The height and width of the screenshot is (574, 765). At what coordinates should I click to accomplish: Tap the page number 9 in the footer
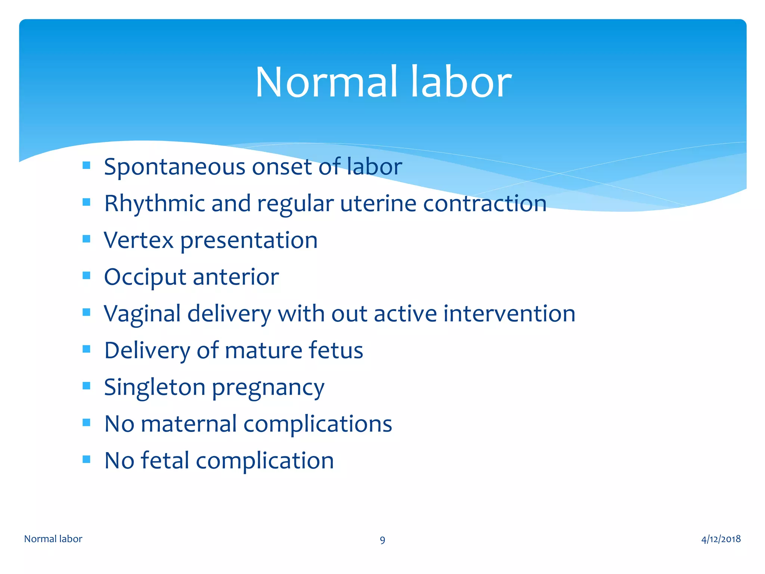point(382,540)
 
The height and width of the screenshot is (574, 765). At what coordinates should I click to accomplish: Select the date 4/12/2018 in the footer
point(721,539)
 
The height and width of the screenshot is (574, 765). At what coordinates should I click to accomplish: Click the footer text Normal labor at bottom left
point(53,539)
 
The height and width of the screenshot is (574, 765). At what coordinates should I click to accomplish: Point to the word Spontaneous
point(174,167)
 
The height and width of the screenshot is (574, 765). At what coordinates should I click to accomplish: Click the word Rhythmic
point(154,204)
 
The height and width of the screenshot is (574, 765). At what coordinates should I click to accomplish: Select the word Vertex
point(139,240)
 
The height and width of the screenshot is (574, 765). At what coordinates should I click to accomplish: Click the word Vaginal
point(142,314)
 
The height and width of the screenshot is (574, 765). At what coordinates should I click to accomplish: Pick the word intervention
point(509,313)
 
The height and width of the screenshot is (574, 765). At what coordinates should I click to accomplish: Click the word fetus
point(335,351)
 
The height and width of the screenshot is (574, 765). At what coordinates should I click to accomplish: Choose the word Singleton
point(155,388)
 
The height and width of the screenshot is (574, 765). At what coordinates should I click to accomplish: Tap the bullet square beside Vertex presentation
point(87,239)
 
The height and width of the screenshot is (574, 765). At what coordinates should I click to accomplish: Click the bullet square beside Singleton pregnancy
point(87,386)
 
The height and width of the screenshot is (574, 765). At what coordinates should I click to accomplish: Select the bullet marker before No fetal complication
point(87,459)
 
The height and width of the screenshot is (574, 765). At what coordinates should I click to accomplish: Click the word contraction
point(484,204)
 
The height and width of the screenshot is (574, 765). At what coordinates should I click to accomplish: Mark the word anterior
point(236,277)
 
